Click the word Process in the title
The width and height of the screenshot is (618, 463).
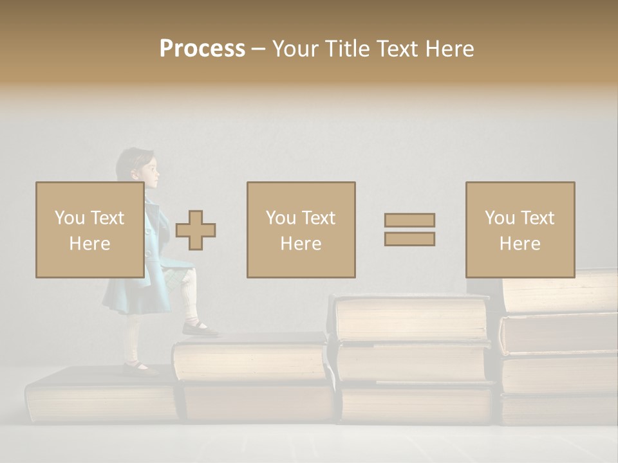(x=202, y=49)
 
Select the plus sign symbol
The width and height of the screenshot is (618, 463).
(x=196, y=230)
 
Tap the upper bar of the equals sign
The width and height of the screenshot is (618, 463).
(x=409, y=220)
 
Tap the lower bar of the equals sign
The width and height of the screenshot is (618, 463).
(x=409, y=239)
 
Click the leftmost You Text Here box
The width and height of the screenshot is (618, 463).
(x=89, y=230)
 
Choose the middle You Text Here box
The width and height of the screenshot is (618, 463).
(x=301, y=230)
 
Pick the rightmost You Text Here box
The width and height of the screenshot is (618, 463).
(x=520, y=230)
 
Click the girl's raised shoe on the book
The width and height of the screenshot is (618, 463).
(x=200, y=329)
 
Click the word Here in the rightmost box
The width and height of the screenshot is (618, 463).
(x=520, y=243)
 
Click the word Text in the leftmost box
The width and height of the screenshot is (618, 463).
(x=107, y=218)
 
